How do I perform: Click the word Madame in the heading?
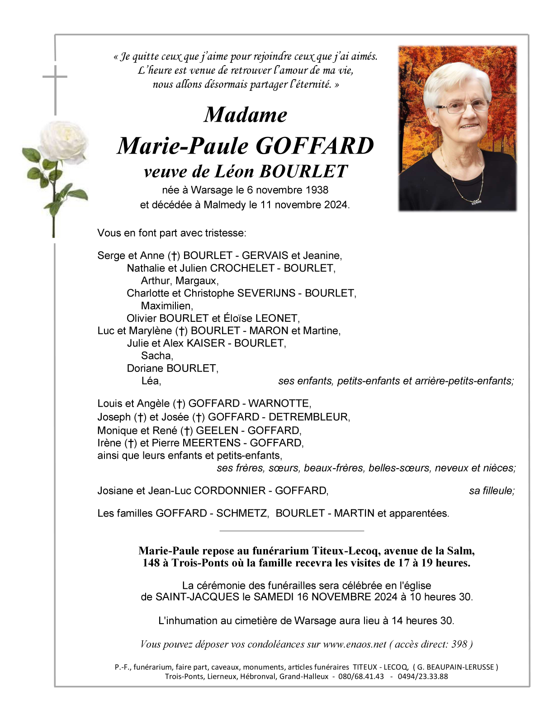[x=246, y=115]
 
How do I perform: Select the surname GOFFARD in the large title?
[x=315, y=146]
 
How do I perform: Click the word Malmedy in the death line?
[x=224, y=205]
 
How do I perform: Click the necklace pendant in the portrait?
[x=476, y=201]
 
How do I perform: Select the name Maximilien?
[x=167, y=306]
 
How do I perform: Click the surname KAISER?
[x=206, y=343]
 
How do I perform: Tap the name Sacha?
[x=157, y=356]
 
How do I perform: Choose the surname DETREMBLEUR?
[x=309, y=417]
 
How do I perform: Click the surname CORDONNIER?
[x=230, y=491]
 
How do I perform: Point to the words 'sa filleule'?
[x=492, y=491]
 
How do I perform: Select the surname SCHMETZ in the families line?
[x=242, y=513]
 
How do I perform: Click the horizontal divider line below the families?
[x=292, y=531]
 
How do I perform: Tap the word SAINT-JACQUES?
[x=197, y=597]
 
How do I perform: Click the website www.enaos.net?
[x=355, y=644]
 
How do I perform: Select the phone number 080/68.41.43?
[x=361, y=677]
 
